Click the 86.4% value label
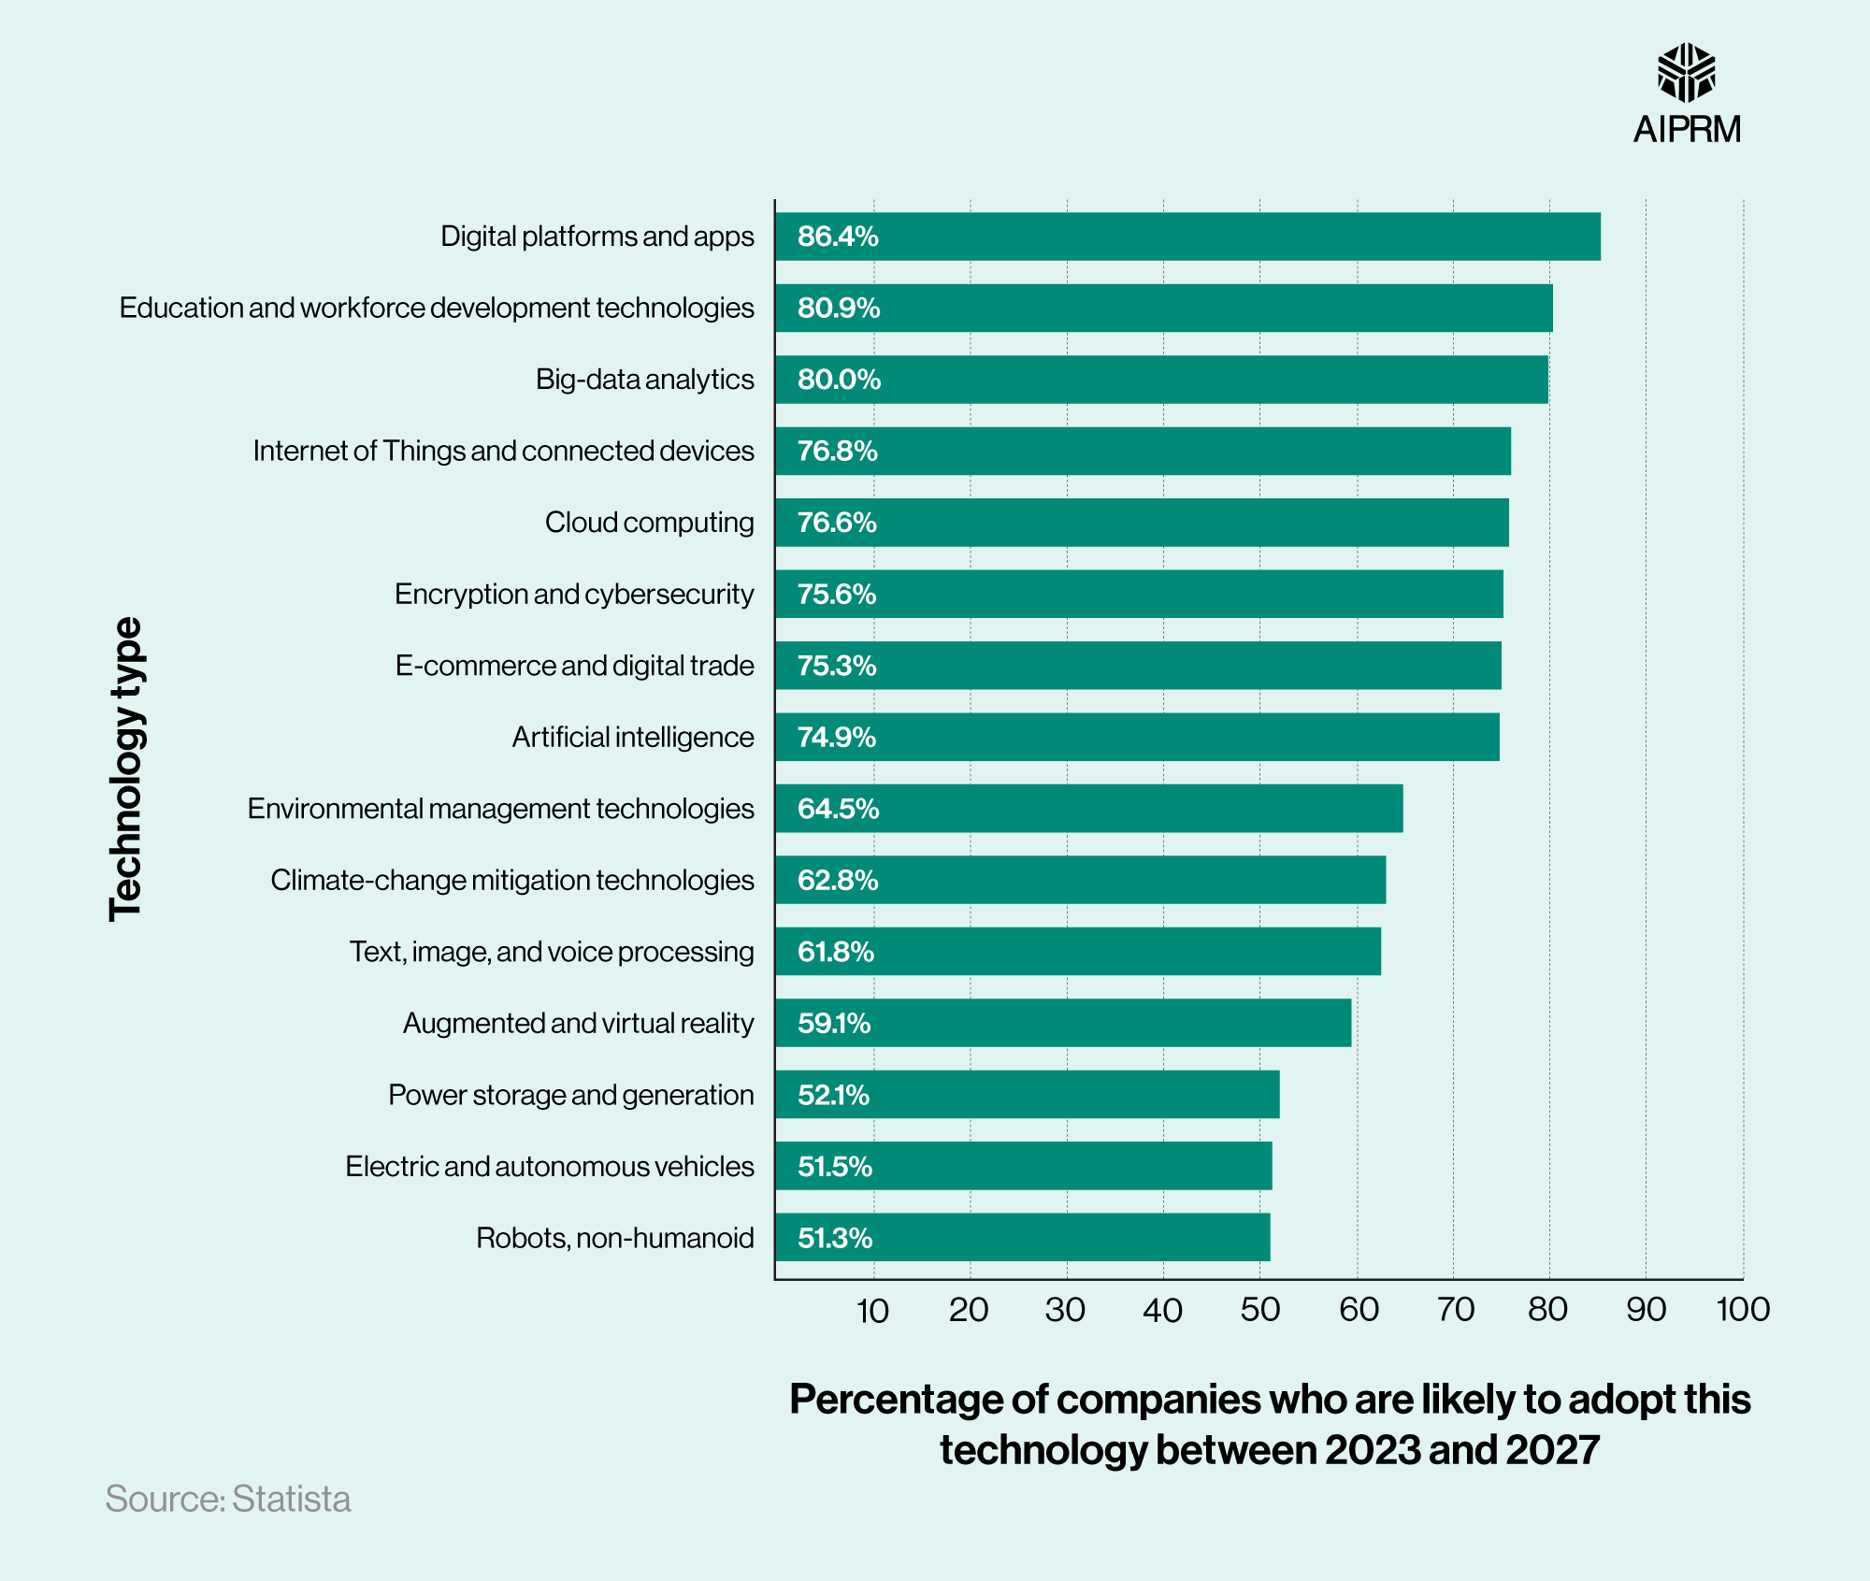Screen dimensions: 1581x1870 click(837, 237)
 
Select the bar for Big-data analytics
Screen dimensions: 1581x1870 click(1161, 380)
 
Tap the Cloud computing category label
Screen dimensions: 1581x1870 click(649, 523)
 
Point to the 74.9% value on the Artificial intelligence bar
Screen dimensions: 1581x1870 click(836, 738)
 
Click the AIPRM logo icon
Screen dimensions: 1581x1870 click(1686, 72)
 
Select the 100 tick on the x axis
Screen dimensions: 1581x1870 click(1742, 1310)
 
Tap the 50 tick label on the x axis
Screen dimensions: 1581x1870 click(1259, 1310)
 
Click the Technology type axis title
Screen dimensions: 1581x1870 click(126, 769)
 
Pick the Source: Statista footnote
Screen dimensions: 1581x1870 click(227, 1500)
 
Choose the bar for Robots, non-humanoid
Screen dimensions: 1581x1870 click(1022, 1238)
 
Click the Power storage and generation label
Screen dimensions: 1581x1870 click(570, 1095)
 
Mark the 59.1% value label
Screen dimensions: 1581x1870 click(833, 1024)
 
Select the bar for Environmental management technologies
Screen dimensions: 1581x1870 click(1088, 809)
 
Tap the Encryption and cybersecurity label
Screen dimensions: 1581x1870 click(573, 595)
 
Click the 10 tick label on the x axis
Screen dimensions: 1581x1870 click(872, 1311)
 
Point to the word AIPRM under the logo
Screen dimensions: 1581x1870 click(1687, 129)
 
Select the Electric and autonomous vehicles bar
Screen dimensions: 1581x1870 click(1023, 1167)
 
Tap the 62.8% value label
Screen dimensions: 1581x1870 click(837, 881)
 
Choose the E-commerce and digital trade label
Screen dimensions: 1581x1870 click(574, 666)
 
